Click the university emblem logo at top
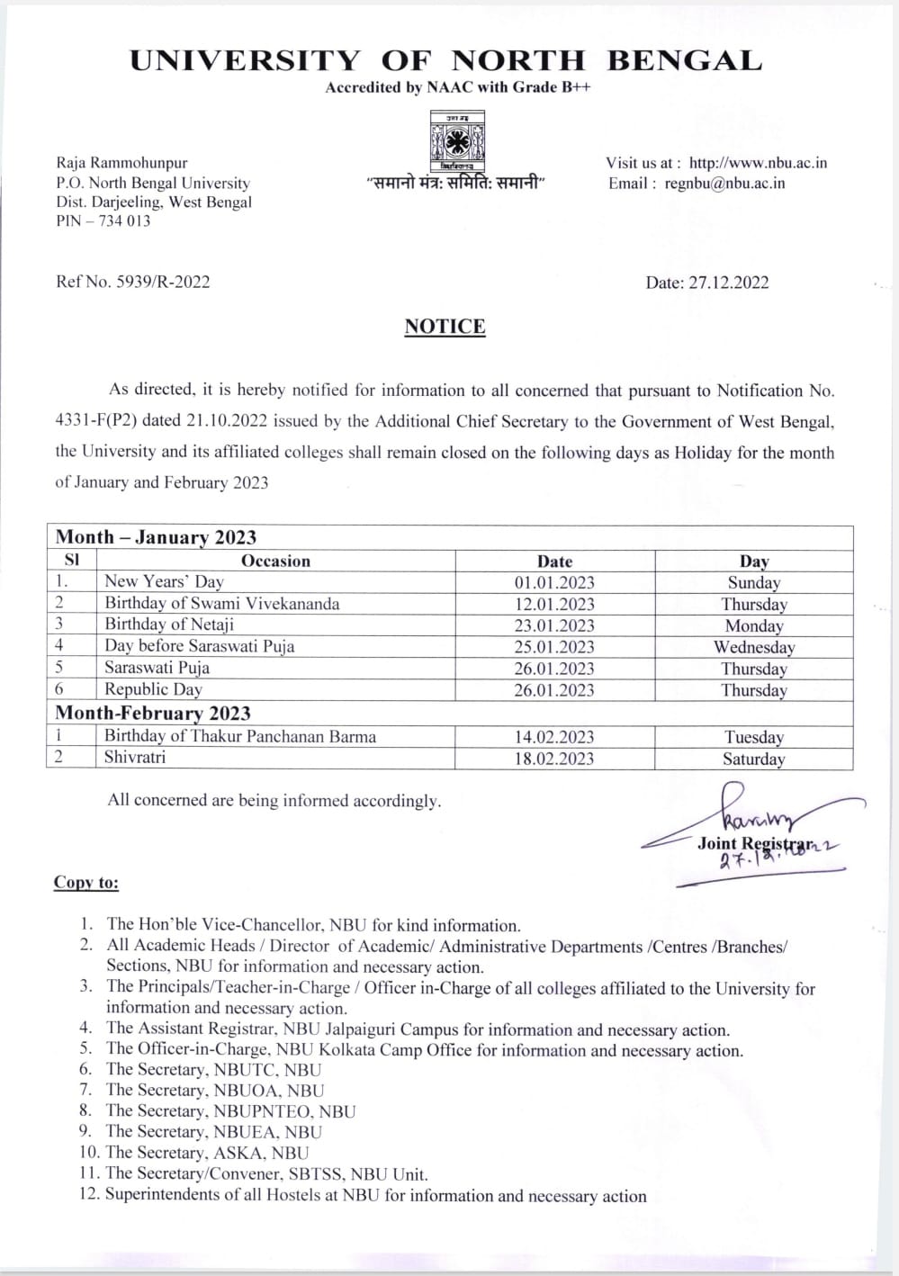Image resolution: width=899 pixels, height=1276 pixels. click(457, 141)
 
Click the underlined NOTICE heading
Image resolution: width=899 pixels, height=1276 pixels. click(445, 327)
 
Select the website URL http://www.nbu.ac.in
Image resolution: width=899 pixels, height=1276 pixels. click(758, 163)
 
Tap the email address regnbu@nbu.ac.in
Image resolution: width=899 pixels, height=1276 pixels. click(724, 183)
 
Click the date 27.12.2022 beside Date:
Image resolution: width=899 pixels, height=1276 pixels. click(729, 283)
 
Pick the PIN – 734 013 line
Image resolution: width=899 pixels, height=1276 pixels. click(103, 221)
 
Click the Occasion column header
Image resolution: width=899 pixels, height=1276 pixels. click(275, 561)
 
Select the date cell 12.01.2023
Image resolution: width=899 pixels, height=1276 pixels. click(554, 604)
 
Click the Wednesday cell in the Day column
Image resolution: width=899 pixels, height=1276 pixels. click(754, 647)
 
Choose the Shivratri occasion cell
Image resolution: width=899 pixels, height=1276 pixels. click(135, 758)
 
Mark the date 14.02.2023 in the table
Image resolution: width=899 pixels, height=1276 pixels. click(554, 737)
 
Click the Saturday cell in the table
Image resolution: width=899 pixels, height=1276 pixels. click(754, 759)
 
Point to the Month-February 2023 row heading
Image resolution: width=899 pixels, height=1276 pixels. click(153, 714)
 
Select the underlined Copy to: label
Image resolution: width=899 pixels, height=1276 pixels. click(86, 882)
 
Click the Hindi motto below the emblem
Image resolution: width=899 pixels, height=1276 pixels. click(457, 183)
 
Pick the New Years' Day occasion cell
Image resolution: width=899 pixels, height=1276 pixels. click(164, 581)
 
